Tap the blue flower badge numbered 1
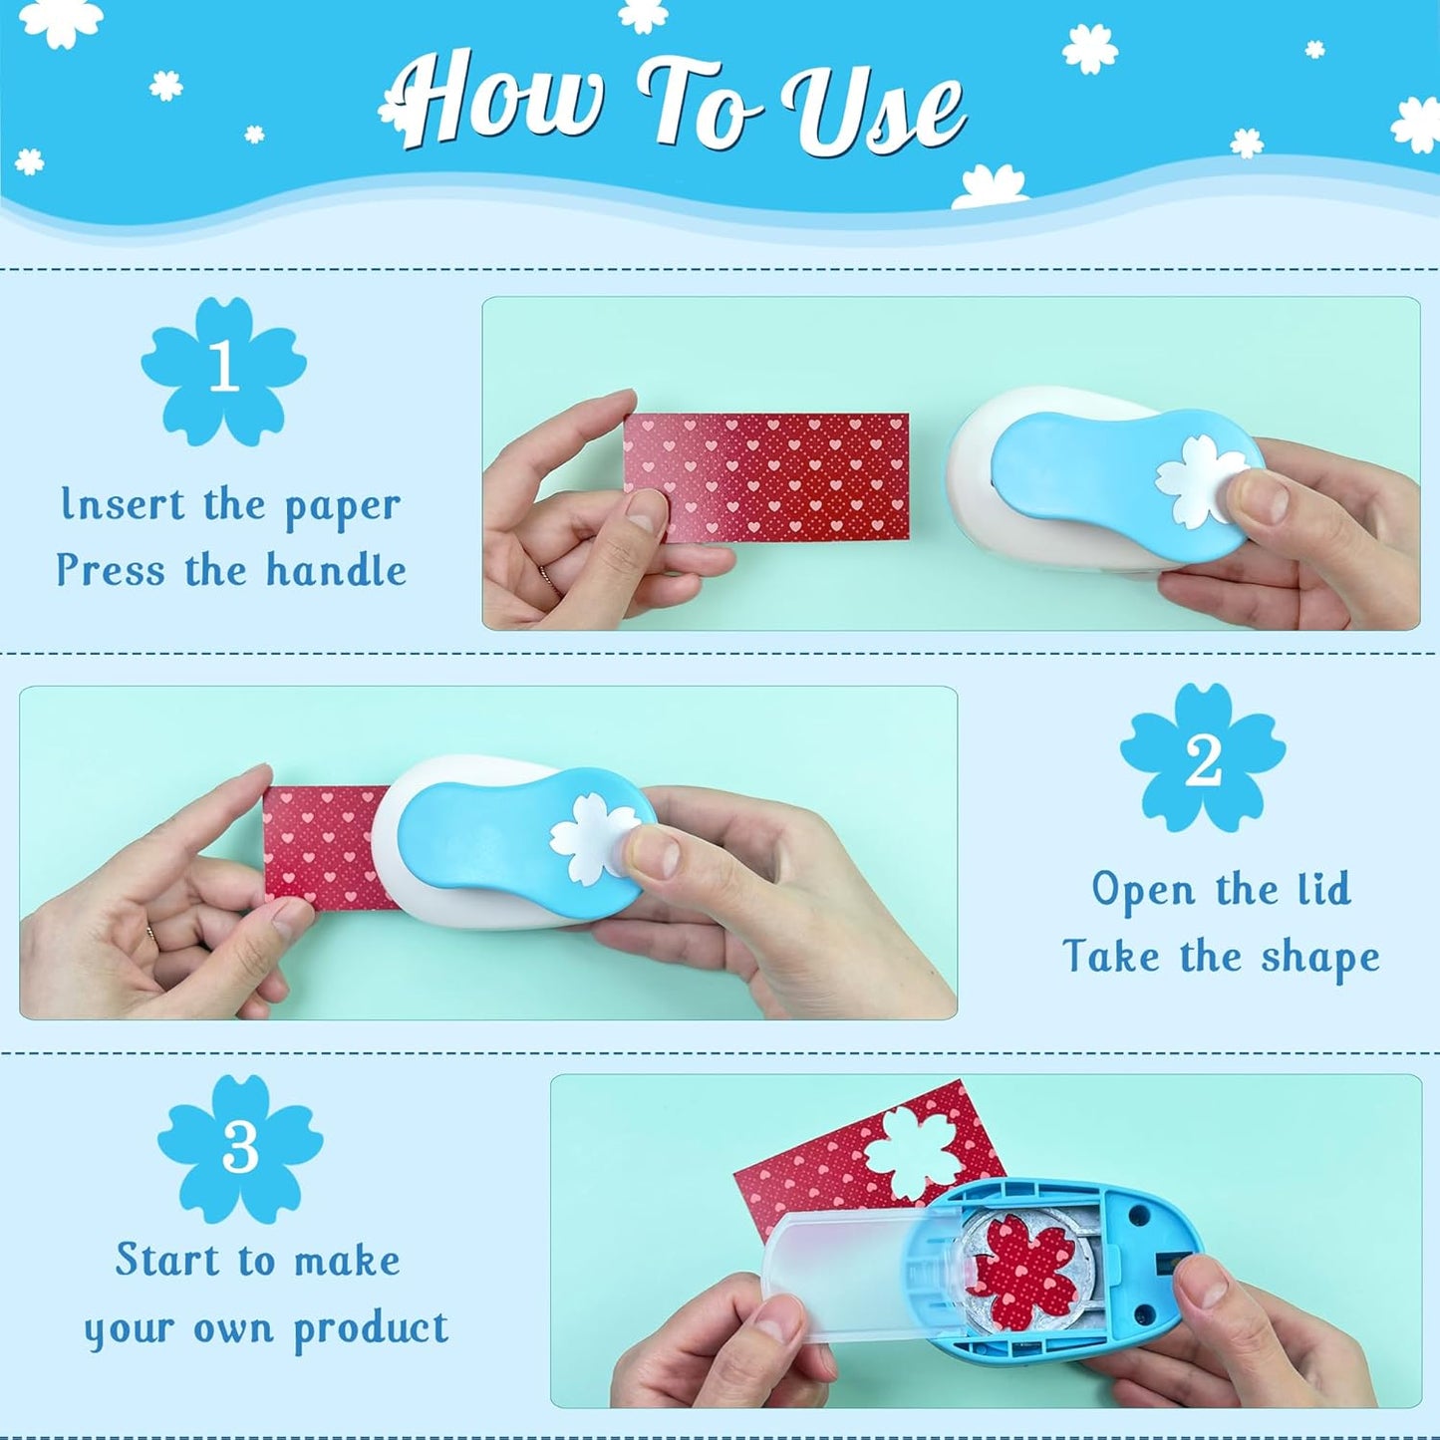coord(223,370)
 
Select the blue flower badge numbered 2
coord(1203,757)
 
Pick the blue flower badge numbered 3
coord(240,1148)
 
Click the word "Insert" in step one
coord(123,504)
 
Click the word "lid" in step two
coord(1323,889)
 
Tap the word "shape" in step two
coord(1320,957)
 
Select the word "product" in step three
coord(371,1329)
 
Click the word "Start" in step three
coord(166,1260)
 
